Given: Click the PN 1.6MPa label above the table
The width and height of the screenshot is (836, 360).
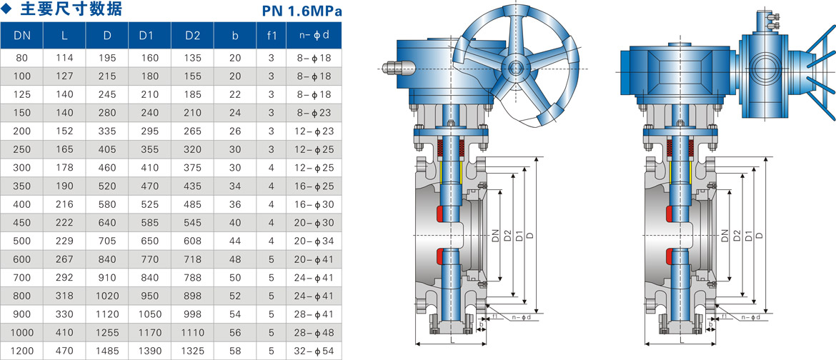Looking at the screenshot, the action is [302, 11].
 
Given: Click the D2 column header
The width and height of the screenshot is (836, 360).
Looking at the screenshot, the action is [192, 36].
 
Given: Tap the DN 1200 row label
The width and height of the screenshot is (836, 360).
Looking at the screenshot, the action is [22, 351].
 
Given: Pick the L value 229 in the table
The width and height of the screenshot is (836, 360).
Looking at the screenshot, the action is [64, 241].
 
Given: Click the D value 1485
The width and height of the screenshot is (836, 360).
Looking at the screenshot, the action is [107, 351].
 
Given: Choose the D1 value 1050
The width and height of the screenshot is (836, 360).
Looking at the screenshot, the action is [150, 315].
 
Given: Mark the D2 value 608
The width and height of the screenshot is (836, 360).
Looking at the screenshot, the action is [192, 241].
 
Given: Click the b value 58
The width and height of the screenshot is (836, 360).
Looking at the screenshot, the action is [235, 351].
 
